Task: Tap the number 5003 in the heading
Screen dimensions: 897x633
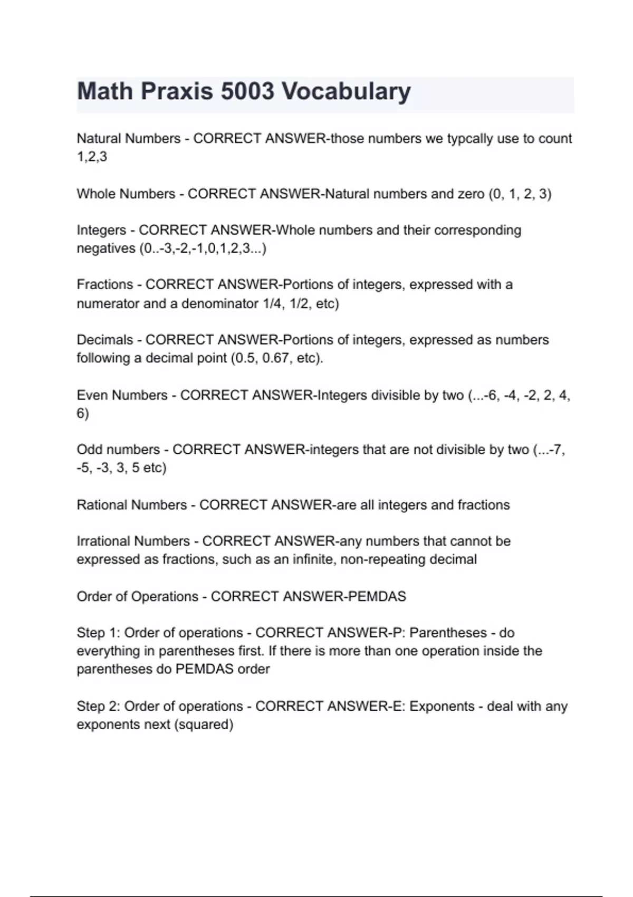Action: point(247,91)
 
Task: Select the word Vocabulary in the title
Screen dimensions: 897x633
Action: point(346,91)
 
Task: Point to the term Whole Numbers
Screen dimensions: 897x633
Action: point(126,194)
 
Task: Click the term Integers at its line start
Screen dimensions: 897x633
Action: point(101,231)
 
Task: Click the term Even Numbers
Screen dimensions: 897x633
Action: point(122,395)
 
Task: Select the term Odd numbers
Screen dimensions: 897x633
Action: point(118,450)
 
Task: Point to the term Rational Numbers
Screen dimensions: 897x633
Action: point(132,505)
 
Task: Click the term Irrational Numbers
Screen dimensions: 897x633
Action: point(133,541)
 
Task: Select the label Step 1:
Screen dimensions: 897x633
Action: point(98,633)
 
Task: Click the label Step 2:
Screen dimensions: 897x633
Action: point(98,706)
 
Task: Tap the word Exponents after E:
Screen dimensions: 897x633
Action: point(442,706)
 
